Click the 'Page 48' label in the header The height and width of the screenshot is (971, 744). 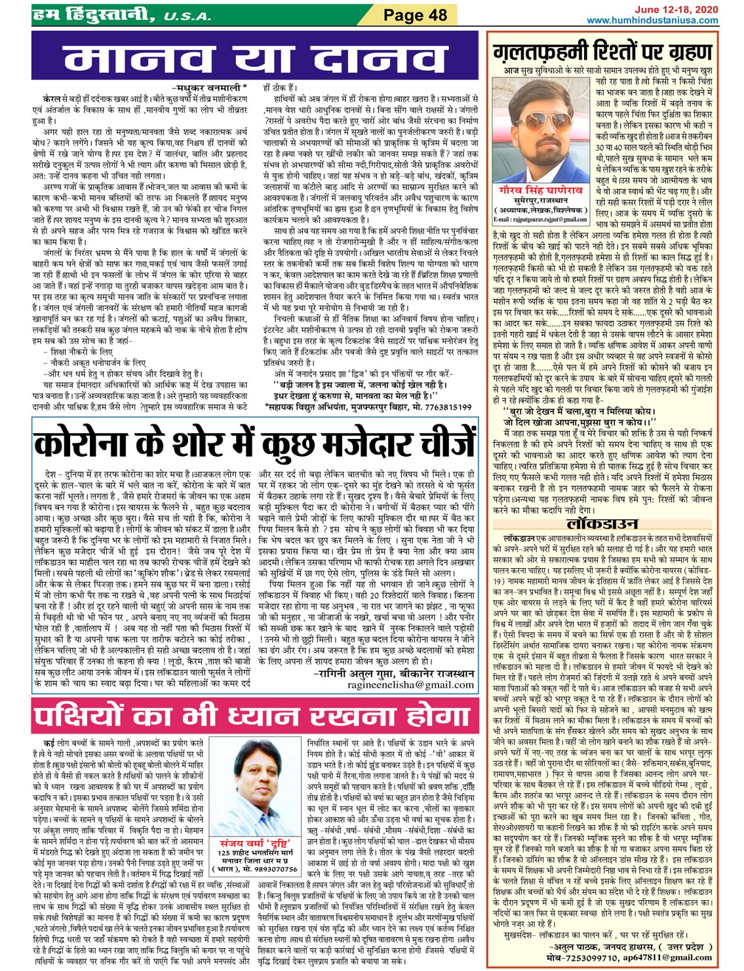[414, 15]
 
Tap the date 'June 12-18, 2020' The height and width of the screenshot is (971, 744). [675, 9]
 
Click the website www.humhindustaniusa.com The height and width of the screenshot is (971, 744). [652, 20]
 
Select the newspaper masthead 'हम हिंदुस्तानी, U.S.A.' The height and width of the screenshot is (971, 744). [121, 15]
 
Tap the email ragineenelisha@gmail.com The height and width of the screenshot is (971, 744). [411, 684]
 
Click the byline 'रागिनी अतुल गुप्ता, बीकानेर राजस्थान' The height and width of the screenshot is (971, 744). [393, 673]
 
